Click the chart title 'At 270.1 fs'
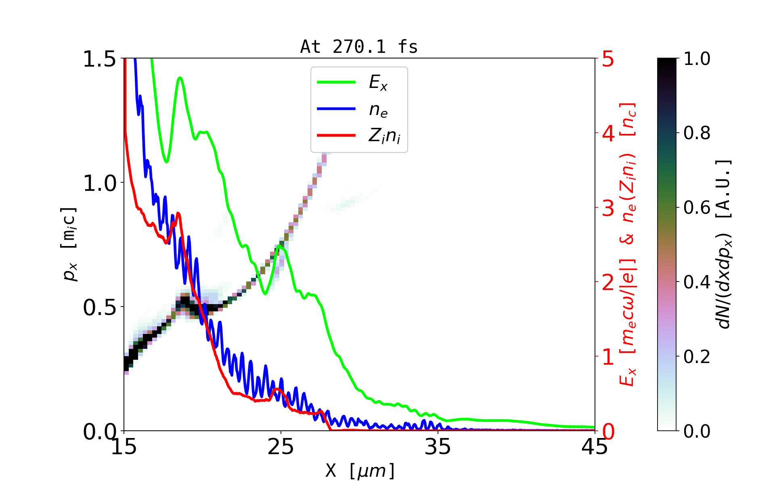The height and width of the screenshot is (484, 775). [359, 47]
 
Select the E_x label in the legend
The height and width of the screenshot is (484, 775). [378, 83]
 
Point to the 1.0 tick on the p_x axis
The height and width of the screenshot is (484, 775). [99, 183]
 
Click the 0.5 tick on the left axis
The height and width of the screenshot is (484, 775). [99, 307]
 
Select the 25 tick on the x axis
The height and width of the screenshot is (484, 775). [281, 447]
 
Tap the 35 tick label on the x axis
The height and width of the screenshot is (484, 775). [438, 447]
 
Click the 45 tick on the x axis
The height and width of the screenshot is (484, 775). [595, 447]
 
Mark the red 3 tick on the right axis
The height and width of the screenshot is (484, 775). [608, 208]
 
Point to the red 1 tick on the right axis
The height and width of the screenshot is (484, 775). [608, 357]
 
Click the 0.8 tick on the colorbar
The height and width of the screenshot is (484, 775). [697, 133]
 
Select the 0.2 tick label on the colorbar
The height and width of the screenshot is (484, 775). [697, 357]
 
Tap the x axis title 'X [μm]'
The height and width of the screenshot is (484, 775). [360, 470]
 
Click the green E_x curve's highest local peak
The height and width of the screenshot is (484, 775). [180, 77]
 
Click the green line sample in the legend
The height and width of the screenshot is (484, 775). [336, 82]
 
